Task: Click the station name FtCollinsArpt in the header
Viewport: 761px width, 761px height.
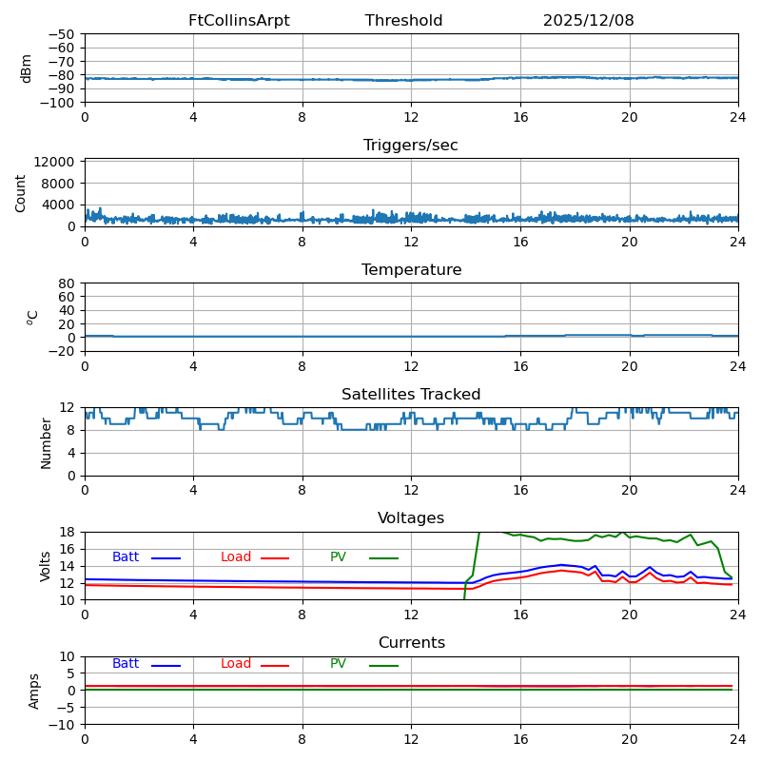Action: click(x=239, y=21)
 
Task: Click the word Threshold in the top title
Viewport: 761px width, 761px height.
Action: click(x=403, y=21)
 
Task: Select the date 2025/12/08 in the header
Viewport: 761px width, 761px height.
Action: click(x=588, y=21)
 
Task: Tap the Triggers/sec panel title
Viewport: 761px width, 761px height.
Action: click(x=411, y=146)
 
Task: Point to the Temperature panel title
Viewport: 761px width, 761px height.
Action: click(x=411, y=270)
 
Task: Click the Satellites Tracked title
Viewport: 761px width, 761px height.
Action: click(x=411, y=395)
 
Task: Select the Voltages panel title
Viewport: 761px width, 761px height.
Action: click(x=411, y=518)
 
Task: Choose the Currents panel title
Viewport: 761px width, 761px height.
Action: click(x=411, y=643)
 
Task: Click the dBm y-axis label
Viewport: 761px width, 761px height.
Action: click(x=27, y=68)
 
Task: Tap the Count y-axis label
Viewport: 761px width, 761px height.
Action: click(x=21, y=192)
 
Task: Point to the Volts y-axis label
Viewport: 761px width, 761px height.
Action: click(x=46, y=566)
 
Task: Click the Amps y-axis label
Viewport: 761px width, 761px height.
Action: click(x=34, y=691)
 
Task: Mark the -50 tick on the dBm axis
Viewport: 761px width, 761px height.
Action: click(x=62, y=34)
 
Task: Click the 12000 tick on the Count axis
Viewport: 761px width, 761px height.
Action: click(x=57, y=163)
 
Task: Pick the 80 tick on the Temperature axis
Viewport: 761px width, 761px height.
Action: click(x=68, y=283)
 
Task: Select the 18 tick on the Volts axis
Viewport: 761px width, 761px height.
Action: click(x=68, y=532)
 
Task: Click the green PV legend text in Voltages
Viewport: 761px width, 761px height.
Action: click(x=338, y=557)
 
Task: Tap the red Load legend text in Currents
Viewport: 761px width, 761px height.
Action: click(x=236, y=664)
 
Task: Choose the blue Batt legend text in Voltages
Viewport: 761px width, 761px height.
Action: click(x=126, y=557)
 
